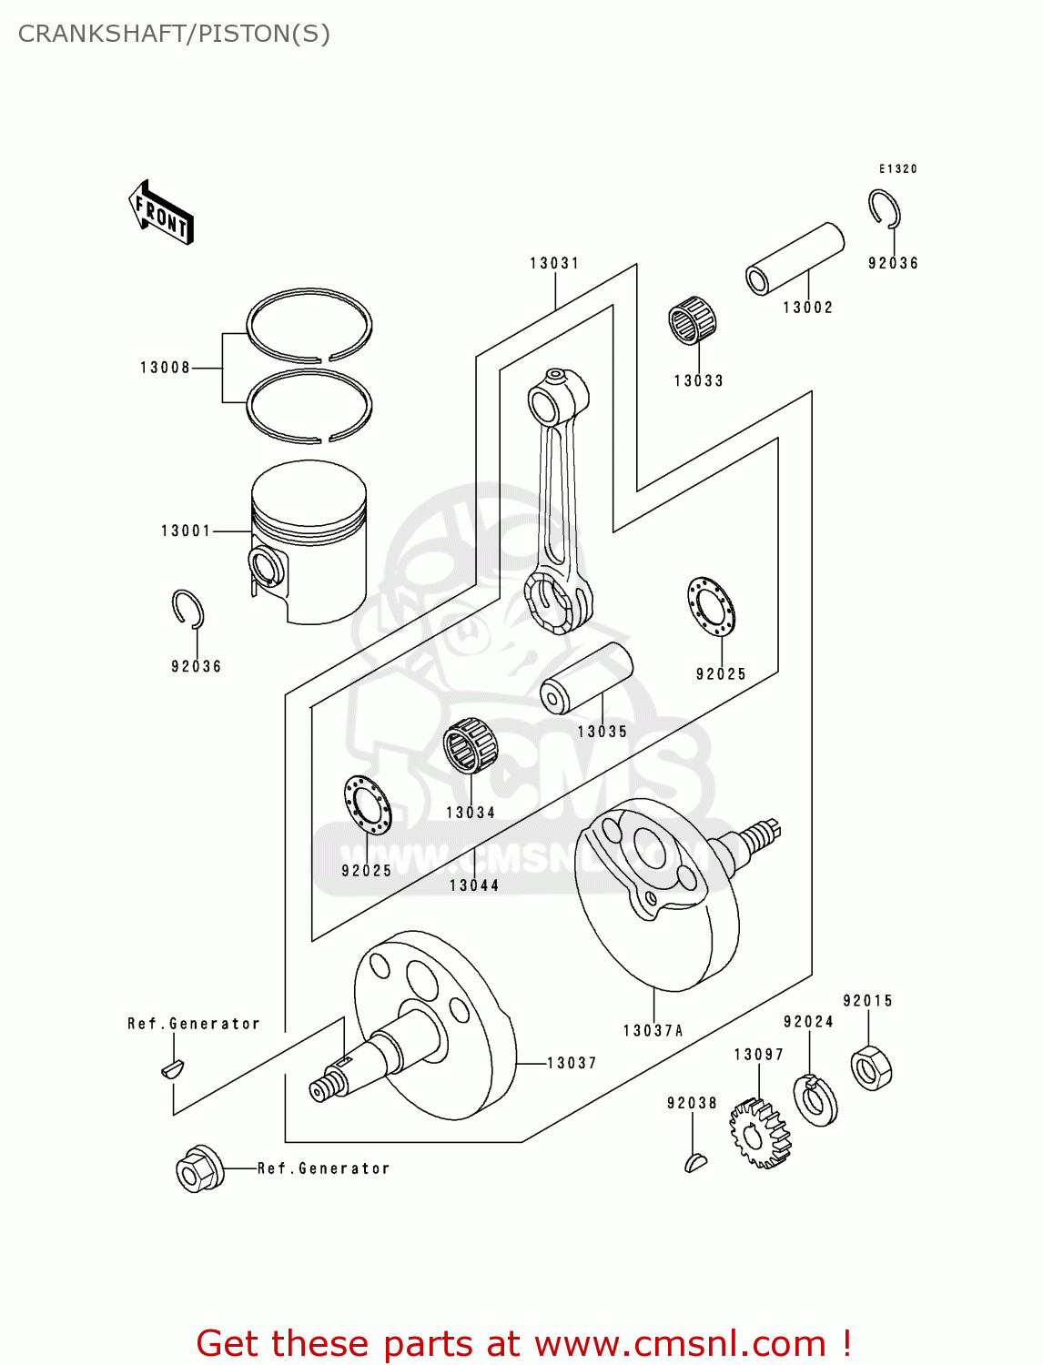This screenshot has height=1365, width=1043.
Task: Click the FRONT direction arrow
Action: pos(161,213)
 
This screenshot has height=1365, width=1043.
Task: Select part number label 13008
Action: pos(165,368)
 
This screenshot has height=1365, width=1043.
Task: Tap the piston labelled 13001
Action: pos(309,541)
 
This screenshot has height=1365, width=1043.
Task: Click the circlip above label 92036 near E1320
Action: pos(884,209)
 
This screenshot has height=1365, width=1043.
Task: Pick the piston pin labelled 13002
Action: pos(795,259)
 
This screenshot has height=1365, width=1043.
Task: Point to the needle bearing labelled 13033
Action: pos(693,320)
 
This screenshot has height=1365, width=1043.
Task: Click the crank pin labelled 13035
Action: pos(586,678)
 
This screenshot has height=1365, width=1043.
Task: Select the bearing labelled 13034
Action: pos(471,745)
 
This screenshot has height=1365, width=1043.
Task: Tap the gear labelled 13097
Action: pos(759,1133)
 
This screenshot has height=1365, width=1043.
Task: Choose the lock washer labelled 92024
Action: pos(815,1099)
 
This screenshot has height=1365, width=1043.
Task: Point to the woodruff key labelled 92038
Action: pos(695,1161)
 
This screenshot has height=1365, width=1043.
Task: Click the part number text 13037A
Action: pos(653,1031)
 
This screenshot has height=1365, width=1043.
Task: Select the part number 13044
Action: pos(474,885)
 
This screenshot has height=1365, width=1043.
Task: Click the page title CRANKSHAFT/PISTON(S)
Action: pos(174,34)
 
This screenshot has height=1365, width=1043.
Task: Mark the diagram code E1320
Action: pos(897,169)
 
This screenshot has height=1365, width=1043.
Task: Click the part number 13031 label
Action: pos(554,263)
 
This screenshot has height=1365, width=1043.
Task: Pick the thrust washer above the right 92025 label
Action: pos(711,606)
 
